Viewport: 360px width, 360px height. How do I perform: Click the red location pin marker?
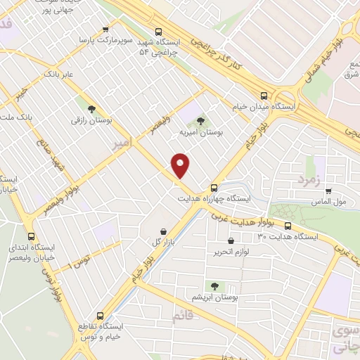coord(181,165)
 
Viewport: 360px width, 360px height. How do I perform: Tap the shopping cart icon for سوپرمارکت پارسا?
coord(105,30)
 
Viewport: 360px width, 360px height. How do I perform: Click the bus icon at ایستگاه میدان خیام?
coord(264,95)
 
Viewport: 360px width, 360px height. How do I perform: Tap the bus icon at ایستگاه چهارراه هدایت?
coord(214,187)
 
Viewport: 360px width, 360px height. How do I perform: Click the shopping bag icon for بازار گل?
coord(163,231)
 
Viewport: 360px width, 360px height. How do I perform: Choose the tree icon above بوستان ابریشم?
coord(214,287)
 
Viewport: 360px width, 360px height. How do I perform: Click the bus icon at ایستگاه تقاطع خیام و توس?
coord(100,316)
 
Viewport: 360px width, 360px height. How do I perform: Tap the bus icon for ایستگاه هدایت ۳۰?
coord(288,226)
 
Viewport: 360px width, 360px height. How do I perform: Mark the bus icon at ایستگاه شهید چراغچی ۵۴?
coord(158,31)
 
